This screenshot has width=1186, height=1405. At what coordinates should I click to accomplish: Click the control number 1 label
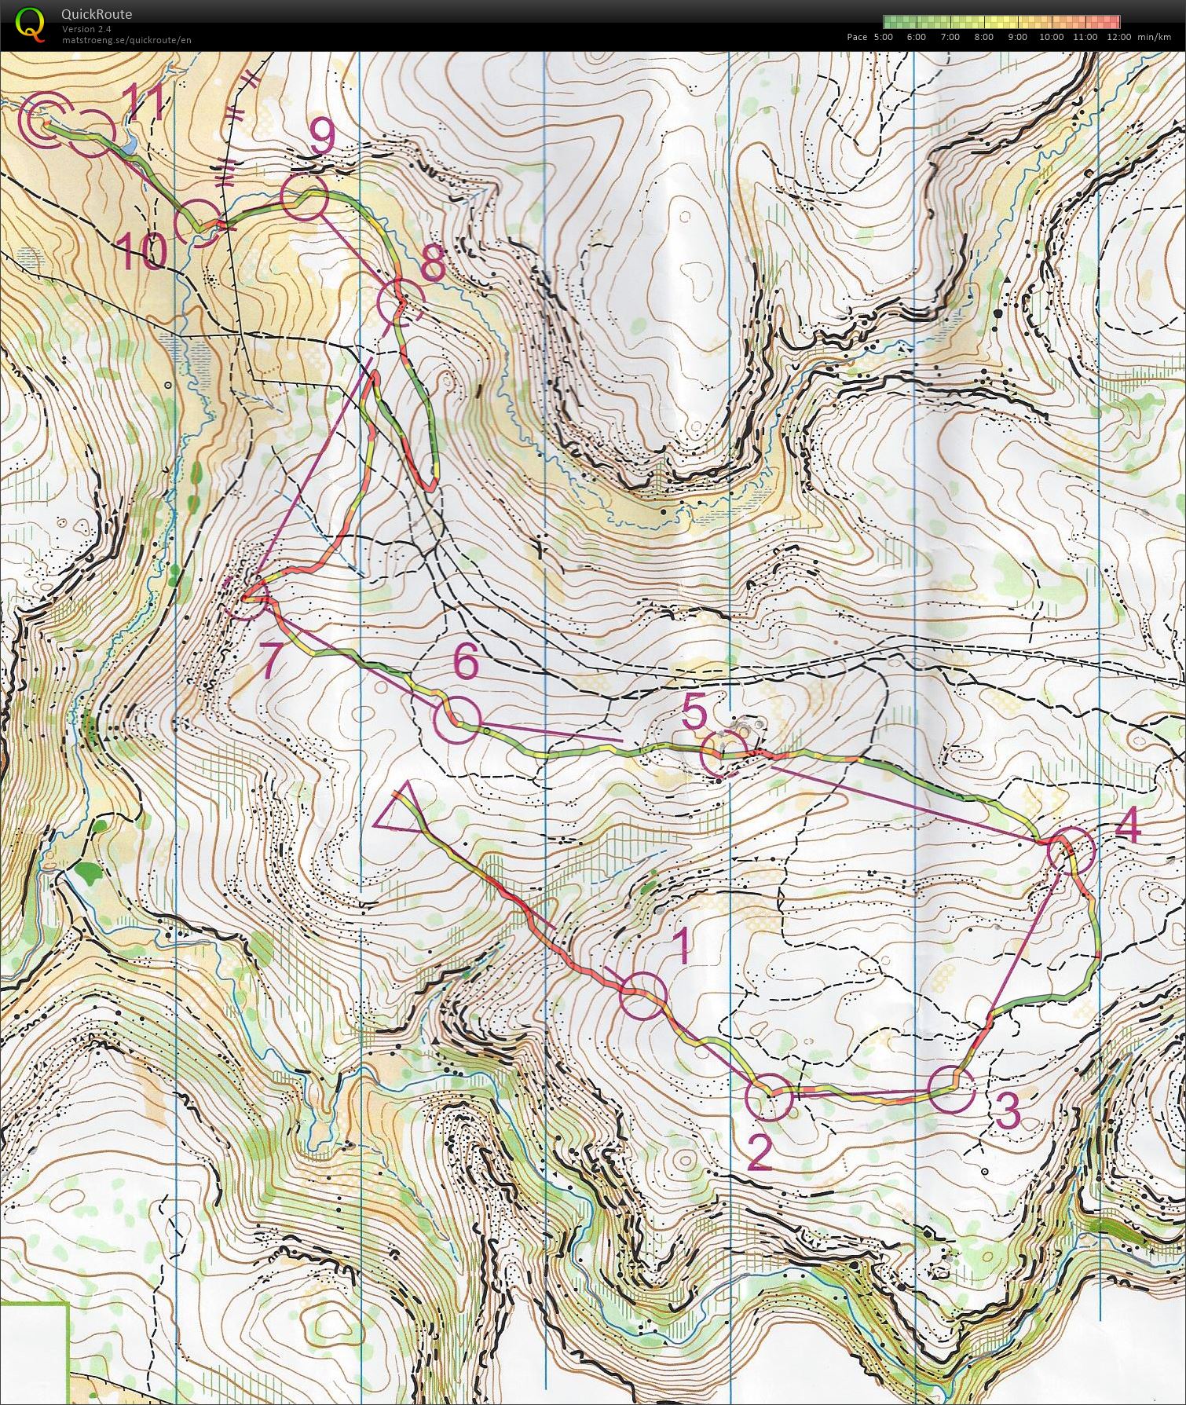(680, 946)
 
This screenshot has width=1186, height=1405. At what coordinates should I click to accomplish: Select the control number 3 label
(1007, 1110)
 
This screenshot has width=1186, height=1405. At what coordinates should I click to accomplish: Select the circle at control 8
(400, 304)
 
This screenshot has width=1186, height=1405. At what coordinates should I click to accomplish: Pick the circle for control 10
(196, 222)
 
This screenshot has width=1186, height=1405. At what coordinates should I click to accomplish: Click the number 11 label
(142, 102)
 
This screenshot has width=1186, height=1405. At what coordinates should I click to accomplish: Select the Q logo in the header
(30, 23)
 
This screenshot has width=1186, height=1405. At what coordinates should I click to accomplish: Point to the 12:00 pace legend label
(1118, 37)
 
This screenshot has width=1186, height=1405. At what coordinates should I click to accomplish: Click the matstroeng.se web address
(126, 40)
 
